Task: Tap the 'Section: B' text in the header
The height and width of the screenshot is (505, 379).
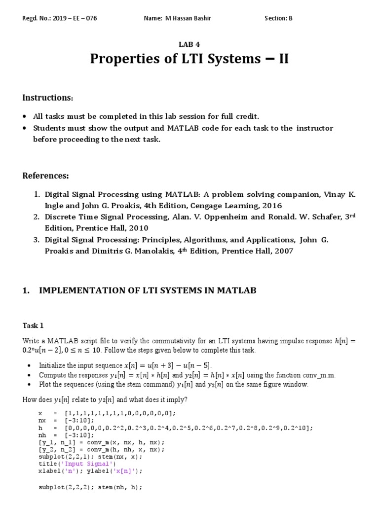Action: tap(278, 19)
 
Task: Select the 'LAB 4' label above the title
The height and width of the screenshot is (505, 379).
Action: tap(189, 44)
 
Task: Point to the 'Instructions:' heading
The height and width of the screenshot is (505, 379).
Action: tap(47, 98)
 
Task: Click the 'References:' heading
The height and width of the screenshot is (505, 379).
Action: tap(46, 176)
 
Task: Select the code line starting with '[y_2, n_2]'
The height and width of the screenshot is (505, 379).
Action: tap(102, 449)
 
